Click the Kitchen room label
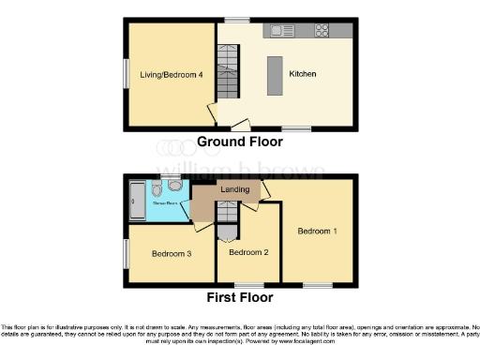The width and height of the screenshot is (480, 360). pos(302,73)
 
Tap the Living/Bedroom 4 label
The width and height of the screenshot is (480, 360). pos(172,74)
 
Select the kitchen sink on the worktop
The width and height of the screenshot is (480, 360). pos(280,30)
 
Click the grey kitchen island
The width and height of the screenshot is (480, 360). pos(275,72)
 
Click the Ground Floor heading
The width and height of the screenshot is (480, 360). pos(239,142)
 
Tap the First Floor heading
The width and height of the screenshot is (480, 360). pos(240,297)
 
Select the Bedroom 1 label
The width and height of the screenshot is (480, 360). pos(318,230)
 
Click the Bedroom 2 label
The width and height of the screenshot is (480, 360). pos(248,252)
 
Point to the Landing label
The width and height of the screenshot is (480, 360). pos(234,190)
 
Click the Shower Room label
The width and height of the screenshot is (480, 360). pos(155,201)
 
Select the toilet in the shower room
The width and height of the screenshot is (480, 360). pos(156,186)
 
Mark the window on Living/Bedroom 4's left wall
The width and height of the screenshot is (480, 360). pos(127,74)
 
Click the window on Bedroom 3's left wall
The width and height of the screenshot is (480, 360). pos(127,252)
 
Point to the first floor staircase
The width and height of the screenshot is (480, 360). pos(226,226)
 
